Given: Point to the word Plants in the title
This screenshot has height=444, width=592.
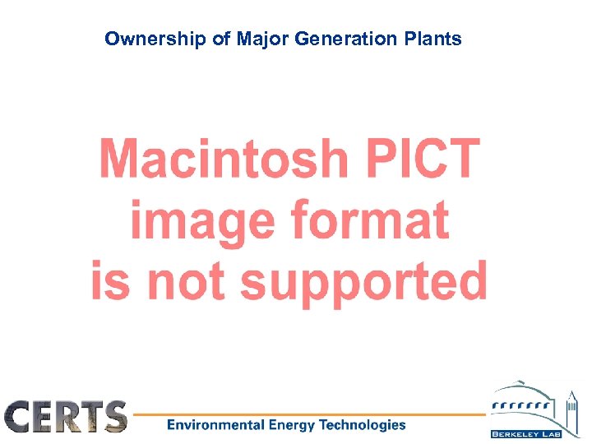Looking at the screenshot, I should click(x=437, y=39).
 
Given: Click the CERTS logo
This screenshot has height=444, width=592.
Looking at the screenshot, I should click(x=66, y=416).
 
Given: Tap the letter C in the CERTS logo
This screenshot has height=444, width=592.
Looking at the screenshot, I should click(x=21, y=416).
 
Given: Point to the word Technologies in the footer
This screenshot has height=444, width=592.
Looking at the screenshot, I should click(x=362, y=425).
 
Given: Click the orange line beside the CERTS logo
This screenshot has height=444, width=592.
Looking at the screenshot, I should click(x=312, y=414).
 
